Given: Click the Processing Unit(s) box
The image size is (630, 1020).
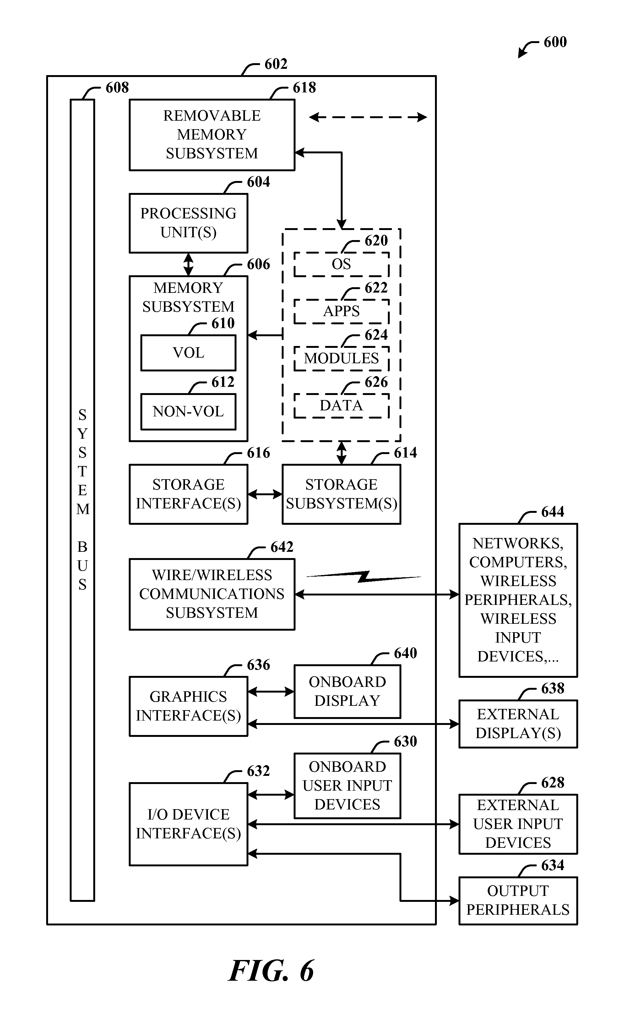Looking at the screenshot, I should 188,223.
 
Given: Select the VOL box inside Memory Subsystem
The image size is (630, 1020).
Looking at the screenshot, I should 188,353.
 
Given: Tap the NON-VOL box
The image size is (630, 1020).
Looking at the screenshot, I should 188,411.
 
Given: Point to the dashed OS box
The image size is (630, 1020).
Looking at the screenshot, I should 341,264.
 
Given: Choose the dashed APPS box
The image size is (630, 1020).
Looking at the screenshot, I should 341,311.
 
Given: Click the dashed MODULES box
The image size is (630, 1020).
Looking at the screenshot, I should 341,359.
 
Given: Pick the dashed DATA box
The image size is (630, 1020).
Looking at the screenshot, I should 341,406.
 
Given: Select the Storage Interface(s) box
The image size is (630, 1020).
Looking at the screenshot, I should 188,494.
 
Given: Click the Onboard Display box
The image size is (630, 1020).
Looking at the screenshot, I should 347,692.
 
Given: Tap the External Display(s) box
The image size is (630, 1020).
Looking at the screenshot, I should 518,724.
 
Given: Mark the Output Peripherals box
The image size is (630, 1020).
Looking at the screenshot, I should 518,900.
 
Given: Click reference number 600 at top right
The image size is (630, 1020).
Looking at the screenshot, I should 555,42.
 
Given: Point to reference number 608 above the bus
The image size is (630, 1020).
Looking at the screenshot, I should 117,88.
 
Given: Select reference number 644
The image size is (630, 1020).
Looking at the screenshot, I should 552,512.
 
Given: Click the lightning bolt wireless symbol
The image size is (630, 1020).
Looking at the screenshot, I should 364,577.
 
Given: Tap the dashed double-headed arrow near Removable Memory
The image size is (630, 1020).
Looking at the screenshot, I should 368,118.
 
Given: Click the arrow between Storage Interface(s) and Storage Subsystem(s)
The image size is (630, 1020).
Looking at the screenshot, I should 265,494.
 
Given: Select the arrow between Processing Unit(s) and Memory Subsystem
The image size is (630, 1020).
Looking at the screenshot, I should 188,264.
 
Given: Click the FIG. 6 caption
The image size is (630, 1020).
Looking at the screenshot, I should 271,971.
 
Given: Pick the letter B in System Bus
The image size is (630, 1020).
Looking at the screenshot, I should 83,547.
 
